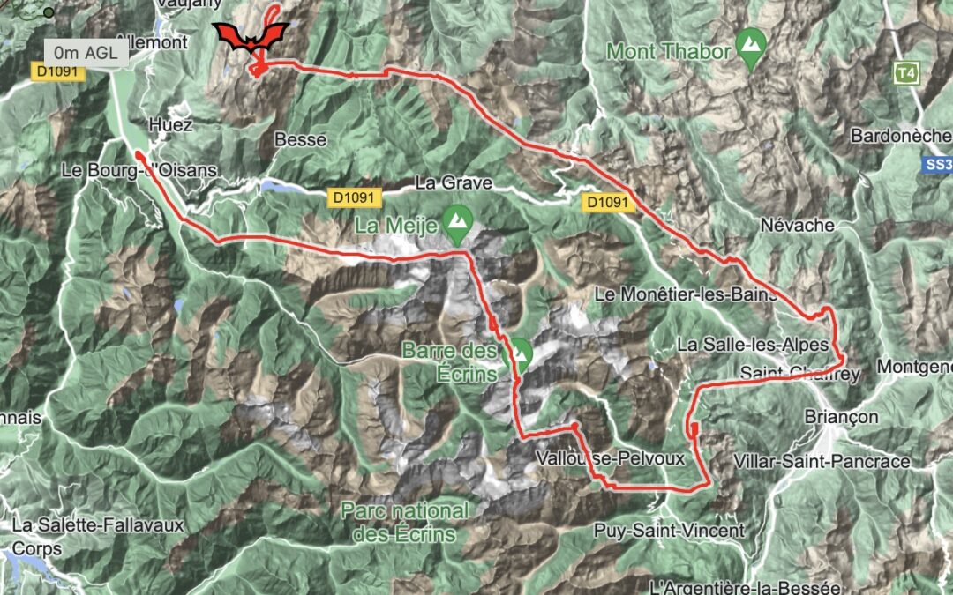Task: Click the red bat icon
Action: tap(252, 36)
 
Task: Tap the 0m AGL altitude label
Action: tap(86, 52)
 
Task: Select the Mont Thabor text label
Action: tap(669, 51)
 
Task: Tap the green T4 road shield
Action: tap(905, 72)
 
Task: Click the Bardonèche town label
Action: tap(901, 137)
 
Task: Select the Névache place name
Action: tap(797, 226)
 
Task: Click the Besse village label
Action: tap(301, 139)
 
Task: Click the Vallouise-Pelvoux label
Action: tap(597, 459)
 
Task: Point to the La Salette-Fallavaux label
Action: tap(98, 526)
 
